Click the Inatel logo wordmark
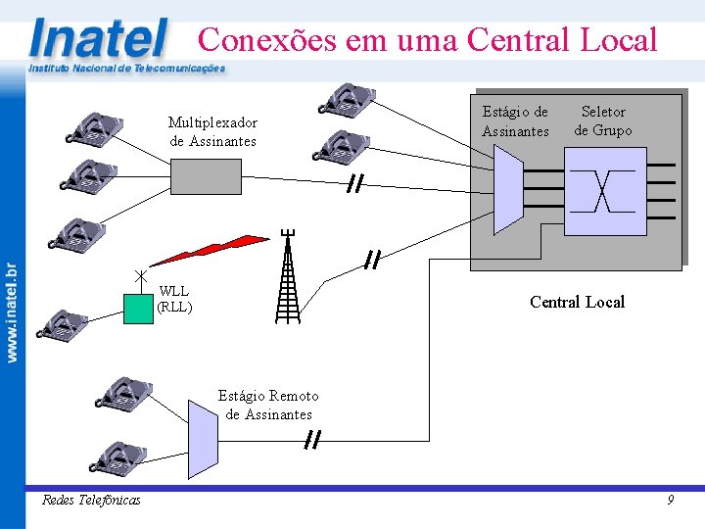point(98,39)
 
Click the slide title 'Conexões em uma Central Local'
point(427,40)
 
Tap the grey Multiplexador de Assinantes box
point(206,176)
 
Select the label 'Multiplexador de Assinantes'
point(212,131)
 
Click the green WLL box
point(139,309)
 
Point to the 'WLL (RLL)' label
point(174,299)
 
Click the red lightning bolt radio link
point(210,250)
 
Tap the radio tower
point(287,279)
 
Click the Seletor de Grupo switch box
point(606,191)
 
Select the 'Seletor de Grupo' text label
point(602,120)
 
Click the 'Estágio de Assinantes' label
point(515,121)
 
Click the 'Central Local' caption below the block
point(577,302)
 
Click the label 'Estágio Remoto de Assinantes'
point(268,405)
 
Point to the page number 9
point(670,501)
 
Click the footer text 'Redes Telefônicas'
point(91,501)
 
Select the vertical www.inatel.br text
point(13,312)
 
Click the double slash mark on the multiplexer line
point(354,185)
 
